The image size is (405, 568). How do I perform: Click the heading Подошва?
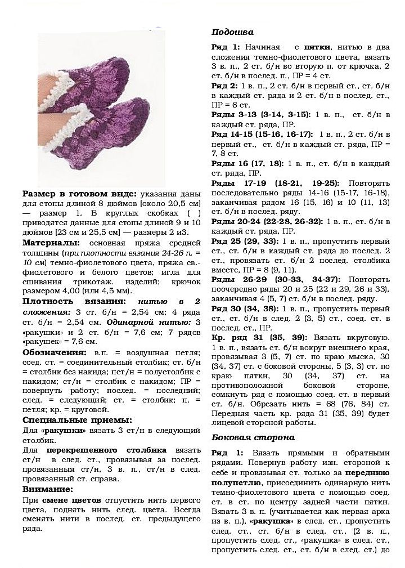pos(232,32)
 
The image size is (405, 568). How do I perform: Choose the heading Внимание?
pos(48,489)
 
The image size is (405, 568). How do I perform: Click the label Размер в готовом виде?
pos(79,194)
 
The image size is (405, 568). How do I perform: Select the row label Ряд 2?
pos(225,86)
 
